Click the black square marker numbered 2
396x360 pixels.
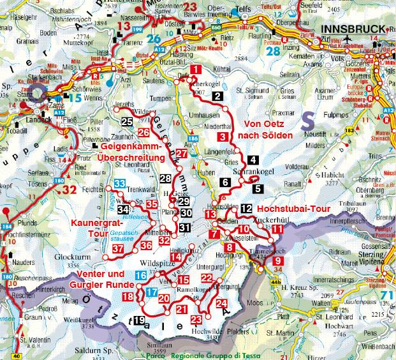(x=218, y=97)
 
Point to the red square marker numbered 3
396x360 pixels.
(x=223, y=137)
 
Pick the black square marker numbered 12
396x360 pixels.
(x=247, y=209)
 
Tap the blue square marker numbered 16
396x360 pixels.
(x=140, y=275)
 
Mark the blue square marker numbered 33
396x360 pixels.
(x=119, y=184)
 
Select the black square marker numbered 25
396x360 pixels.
(x=126, y=122)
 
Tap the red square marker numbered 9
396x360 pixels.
(x=277, y=260)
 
